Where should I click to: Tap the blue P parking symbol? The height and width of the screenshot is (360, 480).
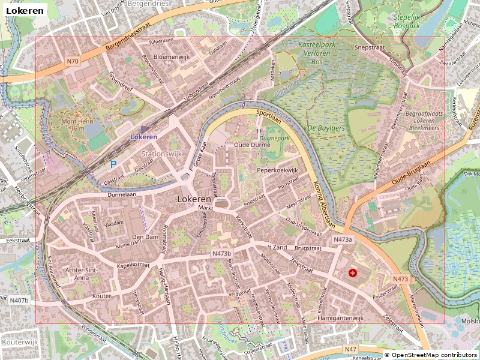click(x=113, y=163)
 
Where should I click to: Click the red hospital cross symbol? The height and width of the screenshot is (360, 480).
click(x=352, y=273)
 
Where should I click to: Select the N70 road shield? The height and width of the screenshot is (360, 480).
click(x=73, y=61)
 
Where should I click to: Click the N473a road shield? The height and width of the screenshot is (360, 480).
click(x=343, y=239)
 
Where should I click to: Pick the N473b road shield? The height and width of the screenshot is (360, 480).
click(x=221, y=254)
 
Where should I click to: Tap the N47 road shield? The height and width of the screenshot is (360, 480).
click(x=350, y=349)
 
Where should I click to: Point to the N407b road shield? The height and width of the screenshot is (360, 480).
click(x=19, y=299)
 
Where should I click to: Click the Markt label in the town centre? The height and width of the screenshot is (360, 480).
click(x=206, y=208)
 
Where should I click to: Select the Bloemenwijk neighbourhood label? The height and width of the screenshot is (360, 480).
click(x=172, y=56)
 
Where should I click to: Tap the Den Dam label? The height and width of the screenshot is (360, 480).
click(x=145, y=237)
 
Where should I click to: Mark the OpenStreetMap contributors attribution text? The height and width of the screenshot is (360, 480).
click(x=431, y=355)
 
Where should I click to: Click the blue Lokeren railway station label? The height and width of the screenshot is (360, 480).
click(x=144, y=137)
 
